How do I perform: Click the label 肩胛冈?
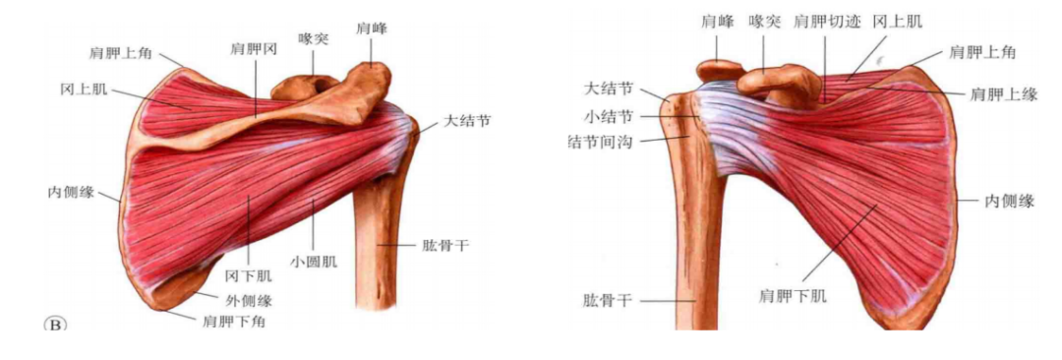tap(253, 47)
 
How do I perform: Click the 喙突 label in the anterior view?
tap(763, 21)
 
